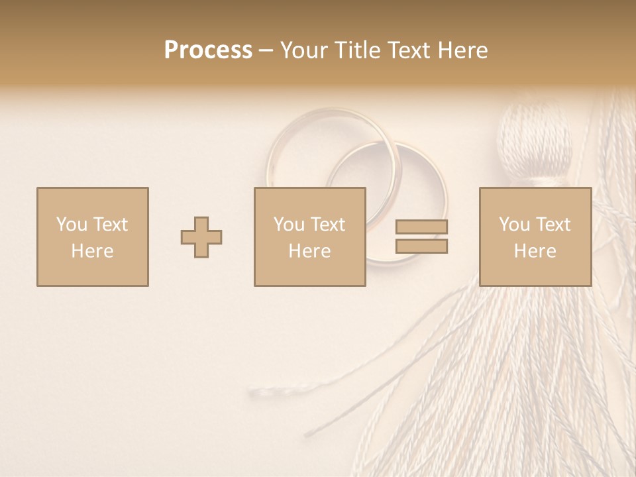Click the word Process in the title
208,50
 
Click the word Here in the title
463,50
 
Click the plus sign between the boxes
201,237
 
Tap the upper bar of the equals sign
421,227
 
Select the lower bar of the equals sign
421,246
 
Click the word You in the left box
72,225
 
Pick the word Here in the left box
92,251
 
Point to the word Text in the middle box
327,225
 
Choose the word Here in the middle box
309,251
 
